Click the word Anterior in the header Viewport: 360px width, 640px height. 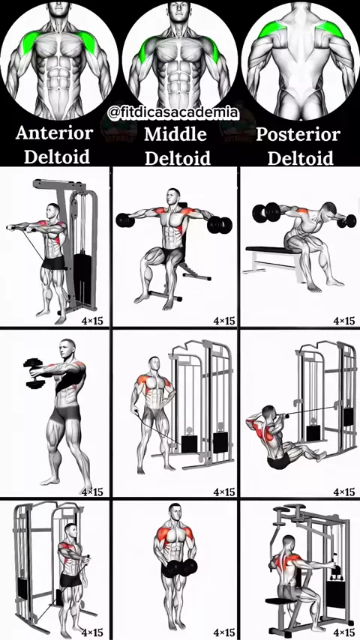pyautogui.click(x=54, y=133)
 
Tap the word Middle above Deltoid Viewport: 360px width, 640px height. pyautogui.click(x=175, y=134)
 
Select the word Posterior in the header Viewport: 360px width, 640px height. pyautogui.click(x=298, y=135)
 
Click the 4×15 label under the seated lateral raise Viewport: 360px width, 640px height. pyautogui.click(x=224, y=321)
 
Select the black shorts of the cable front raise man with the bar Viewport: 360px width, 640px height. pyautogui.click(x=53, y=262)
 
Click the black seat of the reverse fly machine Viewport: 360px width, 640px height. pyautogui.click(x=277, y=601)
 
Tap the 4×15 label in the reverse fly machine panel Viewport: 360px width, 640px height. pyautogui.click(x=344, y=633)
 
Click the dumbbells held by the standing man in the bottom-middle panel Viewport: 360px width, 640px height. pyautogui.click(x=179, y=568)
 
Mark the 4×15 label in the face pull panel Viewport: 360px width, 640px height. pyautogui.click(x=344, y=492)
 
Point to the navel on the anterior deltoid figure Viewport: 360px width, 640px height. pyautogui.click(x=59, y=88)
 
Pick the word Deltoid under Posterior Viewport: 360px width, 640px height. pyautogui.click(x=300, y=158)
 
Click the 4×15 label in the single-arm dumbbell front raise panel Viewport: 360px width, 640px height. pyautogui.click(x=92, y=492)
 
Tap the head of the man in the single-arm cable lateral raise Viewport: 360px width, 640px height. pyautogui.click(x=154, y=364)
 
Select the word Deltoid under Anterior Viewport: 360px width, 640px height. pyautogui.click(x=57, y=157)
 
